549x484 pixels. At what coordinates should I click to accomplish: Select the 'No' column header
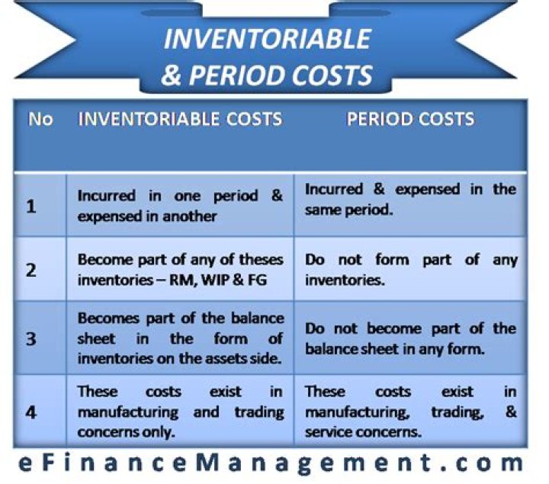40,120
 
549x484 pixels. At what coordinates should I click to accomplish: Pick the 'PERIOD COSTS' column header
410,120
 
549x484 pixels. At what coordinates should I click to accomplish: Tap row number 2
31,270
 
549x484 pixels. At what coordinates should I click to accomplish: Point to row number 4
31,413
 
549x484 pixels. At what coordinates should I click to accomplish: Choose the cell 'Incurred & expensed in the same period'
410,199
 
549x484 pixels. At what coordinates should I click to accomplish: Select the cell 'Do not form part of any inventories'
410,270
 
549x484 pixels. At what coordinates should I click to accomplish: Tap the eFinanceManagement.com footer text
274,462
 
